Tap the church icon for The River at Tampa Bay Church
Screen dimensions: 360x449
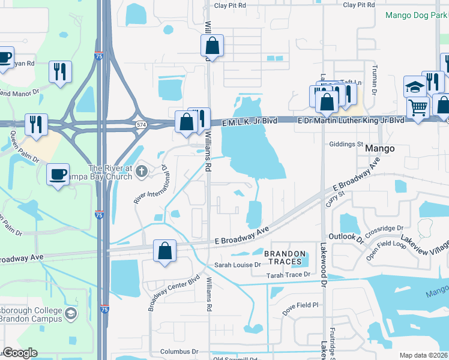(x=142, y=172)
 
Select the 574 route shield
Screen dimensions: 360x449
(x=141, y=124)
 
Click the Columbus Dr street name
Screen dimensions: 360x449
(x=179, y=351)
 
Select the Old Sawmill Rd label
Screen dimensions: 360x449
(x=236, y=359)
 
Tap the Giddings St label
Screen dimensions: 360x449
(x=347, y=145)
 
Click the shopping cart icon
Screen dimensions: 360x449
(x=418, y=109)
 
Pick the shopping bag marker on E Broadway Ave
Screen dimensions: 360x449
(x=164, y=251)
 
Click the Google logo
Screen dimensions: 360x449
(x=20, y=353)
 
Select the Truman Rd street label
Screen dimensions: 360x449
(x=375, y=80)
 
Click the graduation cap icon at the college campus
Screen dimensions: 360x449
(x=71, y=314)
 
